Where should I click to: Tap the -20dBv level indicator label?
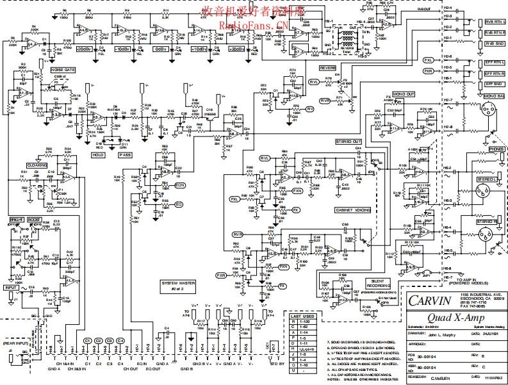pos(85,49)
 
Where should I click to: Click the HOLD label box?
pos(98,154)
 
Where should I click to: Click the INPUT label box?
pos(11,288)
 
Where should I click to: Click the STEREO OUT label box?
pos(348,141)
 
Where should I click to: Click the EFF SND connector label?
pos(493,83)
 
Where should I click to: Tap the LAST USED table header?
pos(302,316)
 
